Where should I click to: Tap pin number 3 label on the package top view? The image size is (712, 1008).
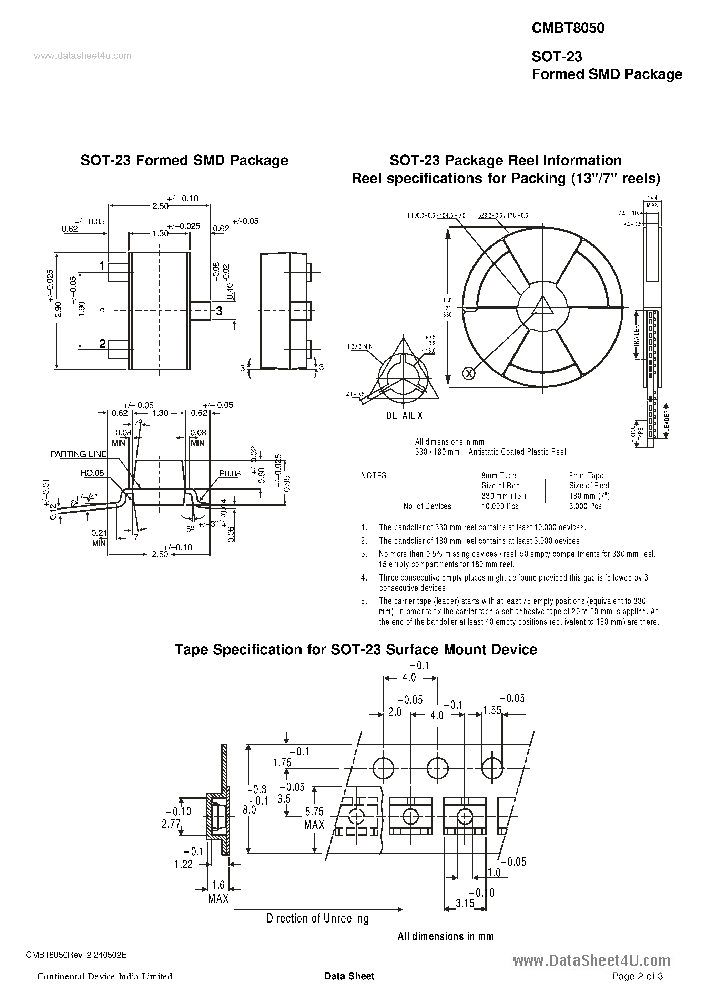tap(219, 311)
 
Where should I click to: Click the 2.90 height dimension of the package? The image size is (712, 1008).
tap(58, 309)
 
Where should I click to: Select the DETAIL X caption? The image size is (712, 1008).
tap(404, 415)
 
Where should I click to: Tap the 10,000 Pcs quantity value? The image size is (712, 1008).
tap(500, 506)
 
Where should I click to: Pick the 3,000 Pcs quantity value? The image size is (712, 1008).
tap(585, 506)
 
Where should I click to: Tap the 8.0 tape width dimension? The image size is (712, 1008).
tap(249, 809)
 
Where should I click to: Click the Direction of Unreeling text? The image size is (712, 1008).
tap(317, 918)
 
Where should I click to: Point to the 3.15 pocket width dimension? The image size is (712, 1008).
tap(465, 903)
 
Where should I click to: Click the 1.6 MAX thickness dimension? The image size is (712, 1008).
tap(218, 892)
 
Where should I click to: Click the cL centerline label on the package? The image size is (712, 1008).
tap(104, 310)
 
